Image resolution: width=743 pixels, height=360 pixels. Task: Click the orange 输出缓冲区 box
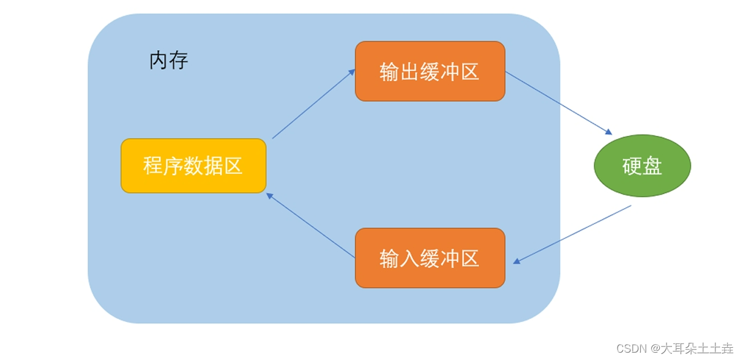(x=430, y=71)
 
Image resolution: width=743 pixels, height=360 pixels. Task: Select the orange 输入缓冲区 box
(x=430, y=258)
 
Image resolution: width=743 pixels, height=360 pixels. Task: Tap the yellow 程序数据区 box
(x=193, y=166)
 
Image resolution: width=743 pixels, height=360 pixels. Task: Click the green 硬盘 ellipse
(x=642, y=166)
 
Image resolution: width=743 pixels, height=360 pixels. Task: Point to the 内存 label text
(x=168, y=61)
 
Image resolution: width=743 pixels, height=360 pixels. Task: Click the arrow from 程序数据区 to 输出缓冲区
(x=313, y=104)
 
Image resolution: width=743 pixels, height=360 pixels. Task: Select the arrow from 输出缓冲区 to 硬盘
(x=558, y=102)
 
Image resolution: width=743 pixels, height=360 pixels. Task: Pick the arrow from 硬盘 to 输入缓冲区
(x=572, y=234)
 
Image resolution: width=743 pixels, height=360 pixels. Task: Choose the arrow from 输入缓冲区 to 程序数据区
(x=311, y=225)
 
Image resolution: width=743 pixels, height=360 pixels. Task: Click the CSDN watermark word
(x=631, y=348)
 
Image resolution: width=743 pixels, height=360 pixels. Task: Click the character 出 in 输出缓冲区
(x=409, y=72)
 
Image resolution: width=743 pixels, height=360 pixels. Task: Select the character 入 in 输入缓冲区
(x=409, y=258)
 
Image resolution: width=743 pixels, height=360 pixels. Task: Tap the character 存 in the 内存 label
(x=179, y=61)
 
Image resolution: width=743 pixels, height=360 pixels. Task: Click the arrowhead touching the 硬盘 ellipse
(x=608, y=132)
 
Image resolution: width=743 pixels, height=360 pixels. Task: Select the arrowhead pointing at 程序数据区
(x=269, y=195)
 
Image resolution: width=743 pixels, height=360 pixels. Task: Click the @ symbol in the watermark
(x=654, y=349)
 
